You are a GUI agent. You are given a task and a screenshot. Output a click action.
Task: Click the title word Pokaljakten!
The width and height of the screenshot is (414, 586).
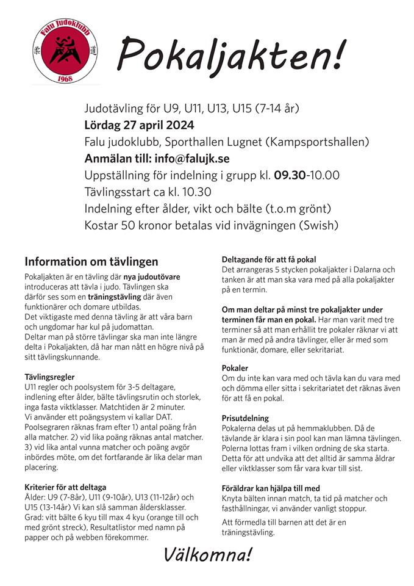pyautogui.click(x=230, y=54)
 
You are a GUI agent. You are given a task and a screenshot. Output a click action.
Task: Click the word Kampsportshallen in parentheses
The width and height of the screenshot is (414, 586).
pyautogui.click(x=318, y=142)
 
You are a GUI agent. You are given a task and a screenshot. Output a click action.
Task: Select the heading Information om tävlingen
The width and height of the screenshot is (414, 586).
pyautogui.click(x=91, y=262)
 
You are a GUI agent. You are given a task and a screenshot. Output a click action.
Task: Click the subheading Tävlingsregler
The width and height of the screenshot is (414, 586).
pyautogui.click(x=50, y=377)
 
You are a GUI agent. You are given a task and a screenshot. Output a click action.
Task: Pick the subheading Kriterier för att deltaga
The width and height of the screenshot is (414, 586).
pyautogui.click(x=65, y=487)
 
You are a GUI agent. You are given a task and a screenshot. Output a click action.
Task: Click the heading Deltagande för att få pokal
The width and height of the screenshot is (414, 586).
pyautogui.click(x=268, y=259)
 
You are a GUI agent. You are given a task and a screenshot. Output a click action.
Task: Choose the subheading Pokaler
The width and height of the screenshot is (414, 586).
pyautogui.click(x=235, y=369)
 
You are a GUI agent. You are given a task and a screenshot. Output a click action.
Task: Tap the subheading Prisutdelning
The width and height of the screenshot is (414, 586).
pyautogui.click(x=245, y=418)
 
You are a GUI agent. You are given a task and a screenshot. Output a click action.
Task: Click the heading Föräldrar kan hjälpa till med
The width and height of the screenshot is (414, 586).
pyautogui.click(x=271, y=488)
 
